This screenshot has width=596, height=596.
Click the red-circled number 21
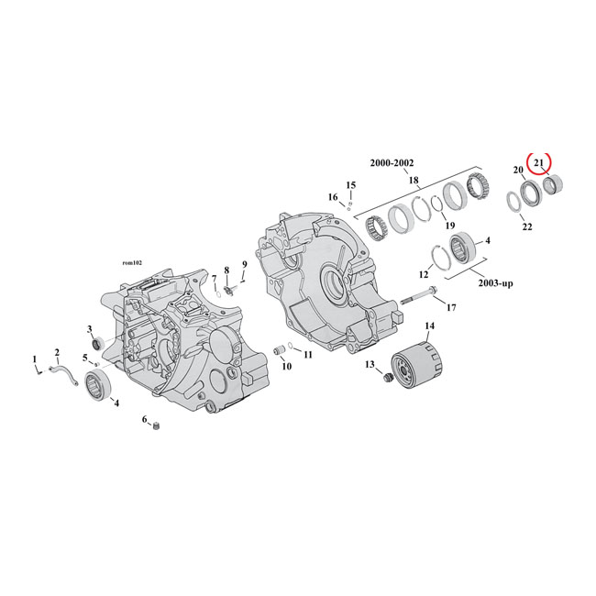click(x=539, y=163)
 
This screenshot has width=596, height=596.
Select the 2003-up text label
click(x=494, y=283)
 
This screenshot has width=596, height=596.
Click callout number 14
click(x=429, y=326)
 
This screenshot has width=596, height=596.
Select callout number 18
click(x=414, y=181)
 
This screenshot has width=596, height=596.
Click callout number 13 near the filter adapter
click(x=370, y=364)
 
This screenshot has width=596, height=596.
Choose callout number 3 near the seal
click(x=90, y=328)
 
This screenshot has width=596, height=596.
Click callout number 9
click(x=245, y=265)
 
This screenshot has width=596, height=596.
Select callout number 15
click(x=350, y=186)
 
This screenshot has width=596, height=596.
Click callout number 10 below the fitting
click(x=285, y=366)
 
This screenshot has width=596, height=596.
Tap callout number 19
click(x=448, y=226)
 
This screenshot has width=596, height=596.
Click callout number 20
click(x=518, y=171)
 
